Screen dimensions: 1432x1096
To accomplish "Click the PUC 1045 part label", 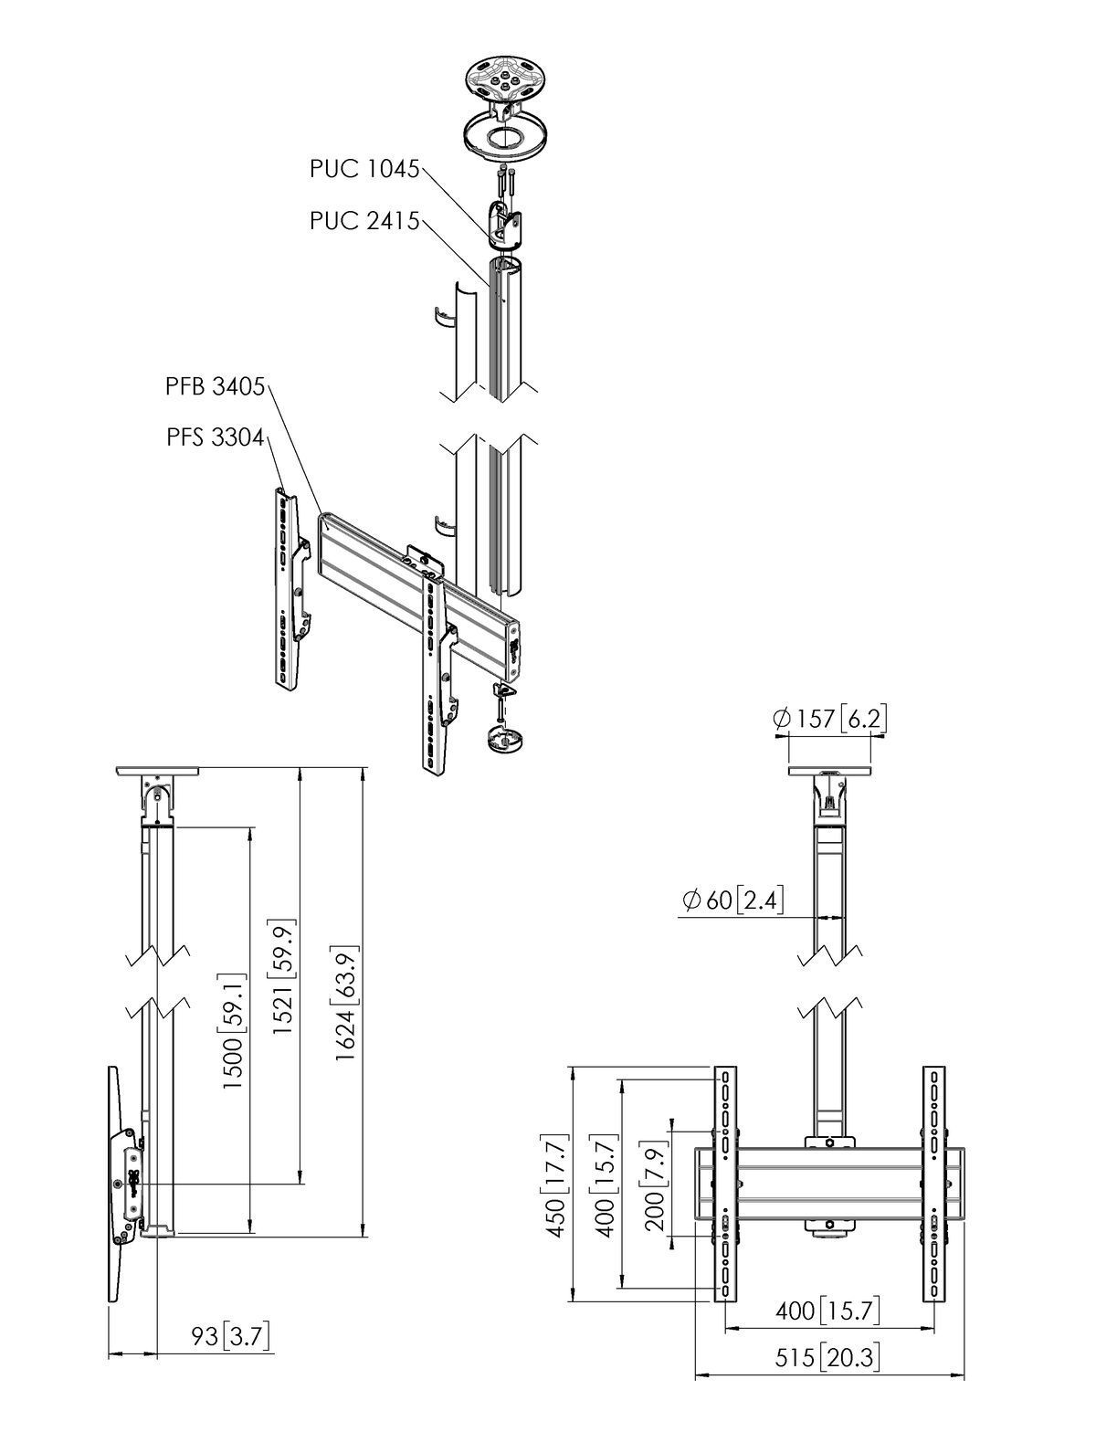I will click(364, 169).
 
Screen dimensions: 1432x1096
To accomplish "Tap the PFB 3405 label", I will click(215, 387).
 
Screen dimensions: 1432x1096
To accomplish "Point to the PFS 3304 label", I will click(215, 438).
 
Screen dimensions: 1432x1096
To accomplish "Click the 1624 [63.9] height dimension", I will click(345, 1007).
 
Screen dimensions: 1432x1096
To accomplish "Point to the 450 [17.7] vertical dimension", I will click(556, 1185).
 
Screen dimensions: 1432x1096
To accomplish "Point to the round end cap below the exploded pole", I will click(501, 736).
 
